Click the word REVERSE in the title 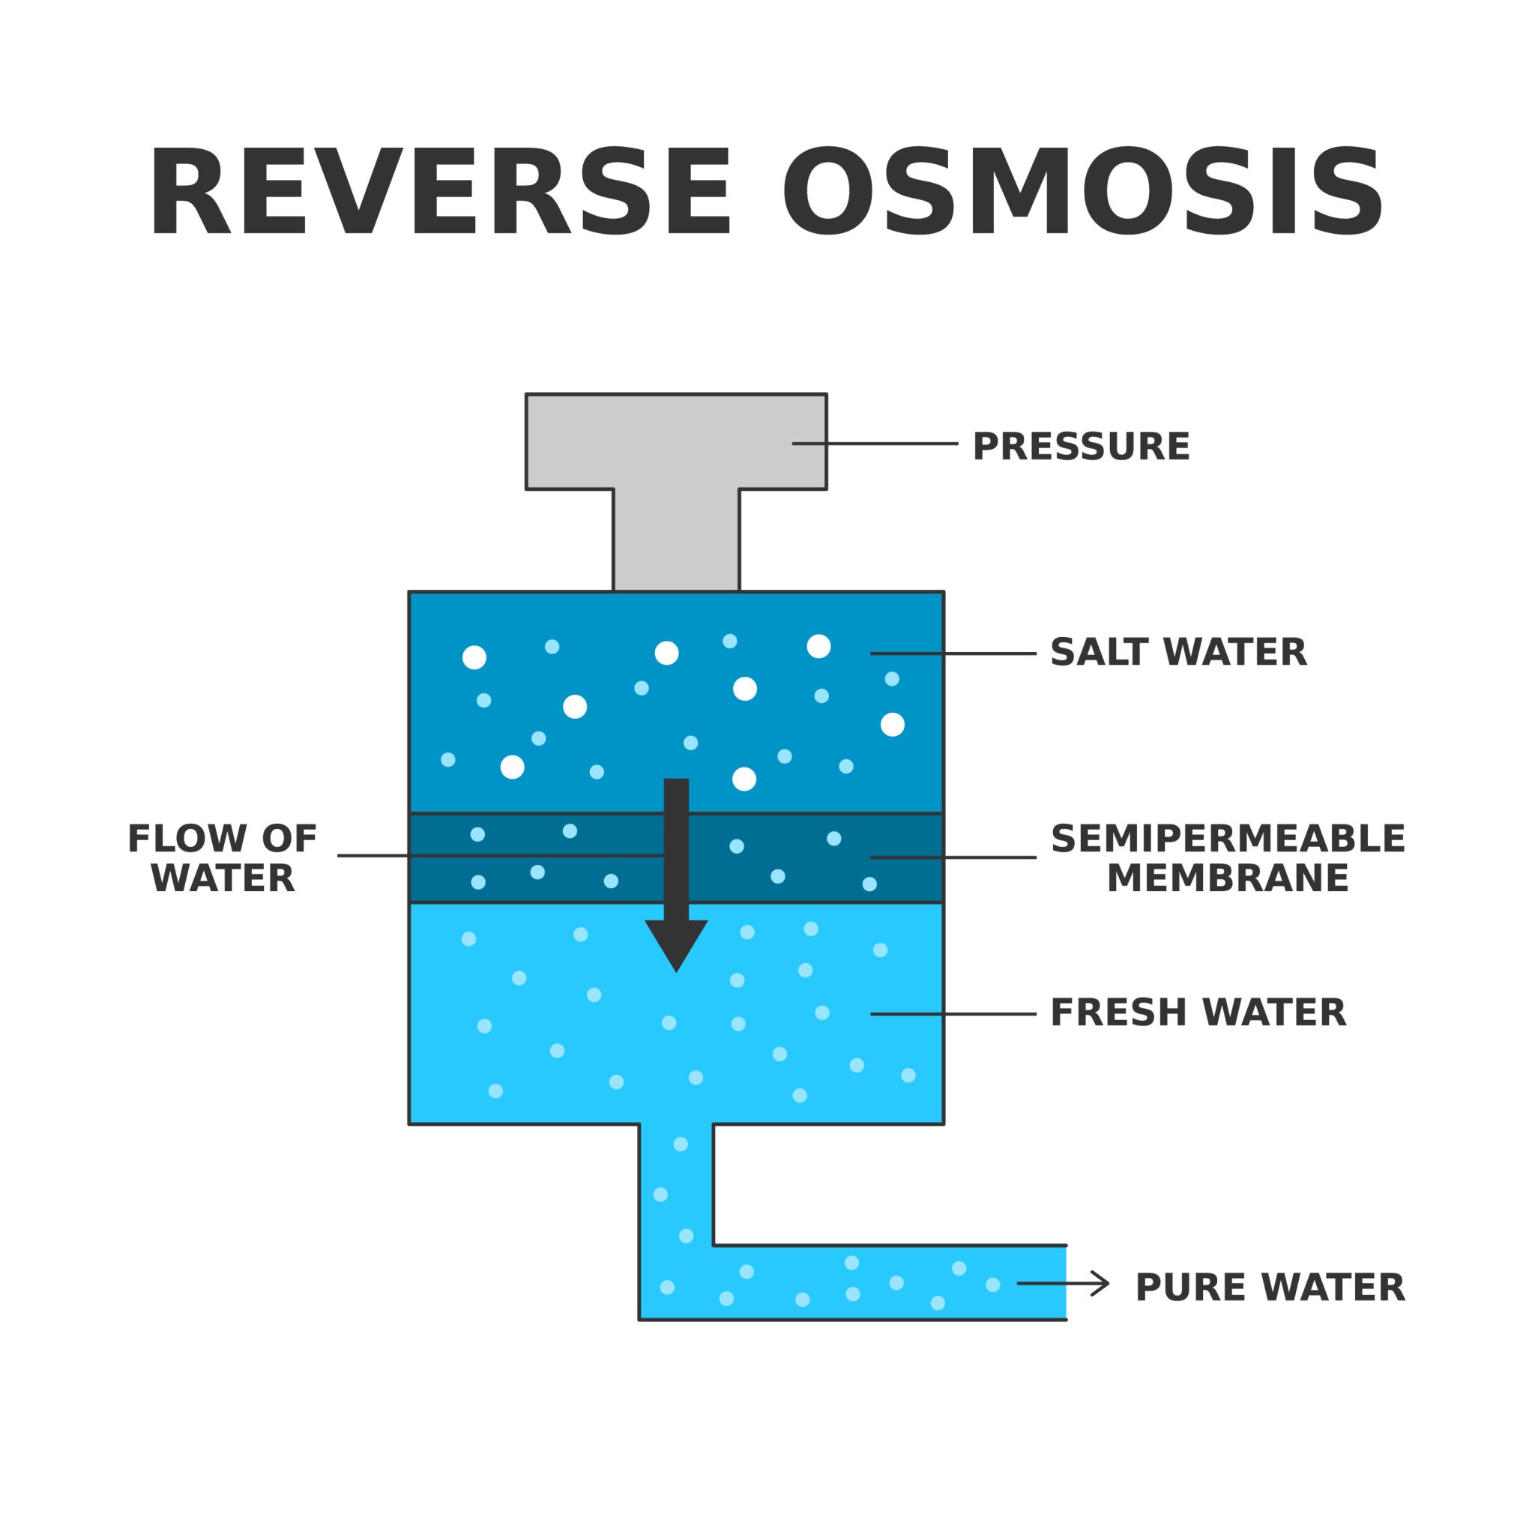438,193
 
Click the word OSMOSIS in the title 1082,193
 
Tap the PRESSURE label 1081,447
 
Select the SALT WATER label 1178,653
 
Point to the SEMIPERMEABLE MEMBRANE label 1228,859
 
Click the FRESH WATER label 1198,1013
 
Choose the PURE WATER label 1270,1288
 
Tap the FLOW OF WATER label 223,859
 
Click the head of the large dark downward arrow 676,943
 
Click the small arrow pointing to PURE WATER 1064,1283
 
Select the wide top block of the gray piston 675,441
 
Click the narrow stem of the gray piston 676,540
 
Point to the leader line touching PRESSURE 874,444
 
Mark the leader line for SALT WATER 953,653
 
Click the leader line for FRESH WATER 953,1014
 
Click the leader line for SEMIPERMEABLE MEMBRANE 953,857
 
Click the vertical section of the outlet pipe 676,1176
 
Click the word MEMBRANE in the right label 1228,878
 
